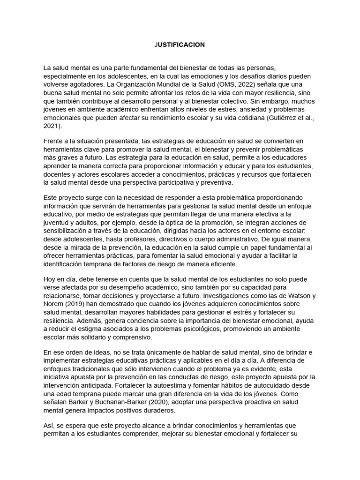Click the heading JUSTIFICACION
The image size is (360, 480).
pyautogui.click(x=180, y=45)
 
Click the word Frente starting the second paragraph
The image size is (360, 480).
pyautogui.click(x=54, y=141)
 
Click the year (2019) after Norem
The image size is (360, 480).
pyautogui.click(x=72, y=304)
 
